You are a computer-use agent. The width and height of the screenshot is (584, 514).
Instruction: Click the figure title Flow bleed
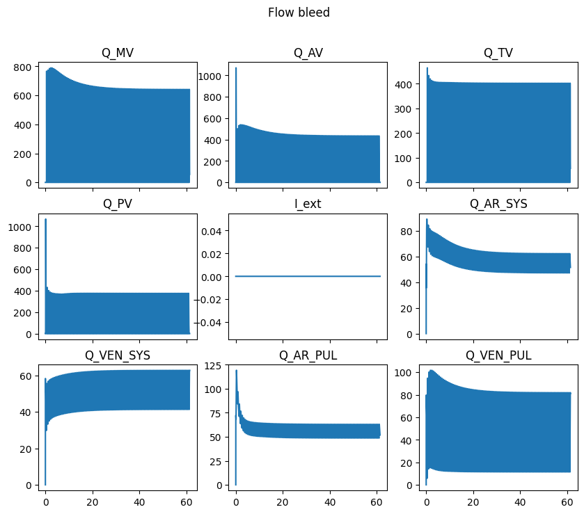[x=299, y=13]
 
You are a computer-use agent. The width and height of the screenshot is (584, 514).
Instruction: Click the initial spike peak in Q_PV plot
[x=46, y=220]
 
